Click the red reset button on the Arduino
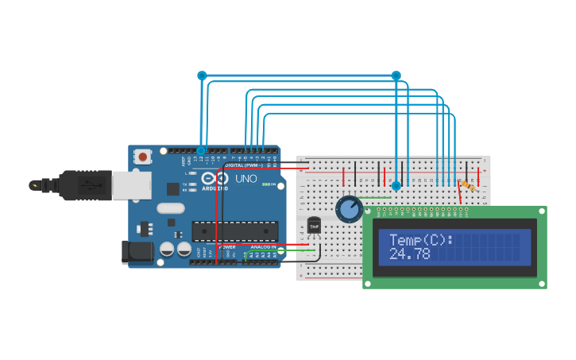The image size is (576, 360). pos(143,157)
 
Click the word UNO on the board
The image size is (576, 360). pos(246,180)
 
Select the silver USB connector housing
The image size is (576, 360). pos(131,185)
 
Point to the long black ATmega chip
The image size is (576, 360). pos(235,231)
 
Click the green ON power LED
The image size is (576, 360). pos(275,184)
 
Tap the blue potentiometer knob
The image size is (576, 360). pos(349,210)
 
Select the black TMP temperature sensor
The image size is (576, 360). pos(315,226)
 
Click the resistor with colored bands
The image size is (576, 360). pos(467,185)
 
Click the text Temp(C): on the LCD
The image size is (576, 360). pos(421,239)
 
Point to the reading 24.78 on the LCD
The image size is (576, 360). pos(410,254)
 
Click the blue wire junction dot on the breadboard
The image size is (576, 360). pos(396,186)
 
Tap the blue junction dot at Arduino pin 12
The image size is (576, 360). pos(201,150)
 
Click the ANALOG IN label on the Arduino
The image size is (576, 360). pos(264,247)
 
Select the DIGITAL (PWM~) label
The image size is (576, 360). pos(244,165)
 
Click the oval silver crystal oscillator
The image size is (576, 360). pos(171,209)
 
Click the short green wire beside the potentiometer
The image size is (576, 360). pos(373,197)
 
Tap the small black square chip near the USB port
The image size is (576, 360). pos(172,188)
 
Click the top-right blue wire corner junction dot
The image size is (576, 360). pos(396,75)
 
